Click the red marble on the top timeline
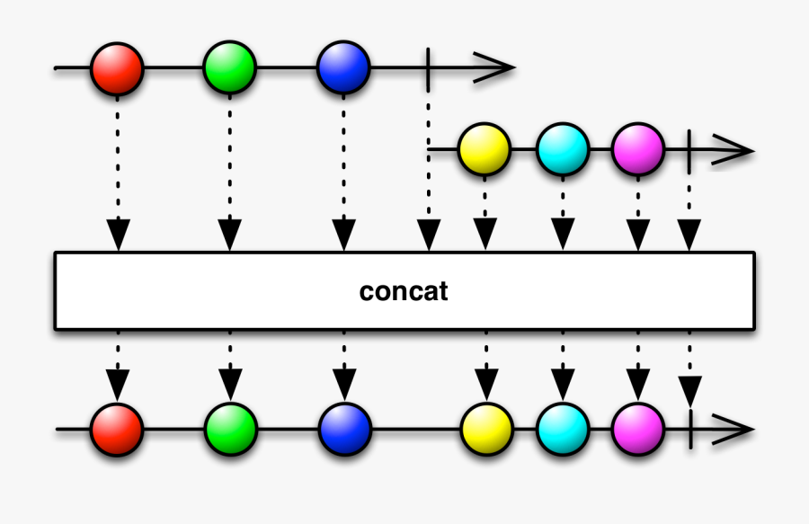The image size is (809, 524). (117, 67)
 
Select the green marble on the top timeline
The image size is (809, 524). (230, 67)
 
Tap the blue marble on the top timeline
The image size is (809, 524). (343, 67)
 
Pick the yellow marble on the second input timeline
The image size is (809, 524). (485, 149)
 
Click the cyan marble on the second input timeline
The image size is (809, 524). (563, 149)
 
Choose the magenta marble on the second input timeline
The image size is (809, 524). (638, 149)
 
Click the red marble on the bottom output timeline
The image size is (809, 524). (117, 430)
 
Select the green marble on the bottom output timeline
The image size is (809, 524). (231, 430)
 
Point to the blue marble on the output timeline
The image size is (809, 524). (344, 430)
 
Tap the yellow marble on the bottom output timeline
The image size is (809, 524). (486, 430)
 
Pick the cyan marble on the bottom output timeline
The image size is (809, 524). (564, 430)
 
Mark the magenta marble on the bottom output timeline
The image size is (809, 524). (638, 430)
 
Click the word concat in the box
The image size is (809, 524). (404, 292)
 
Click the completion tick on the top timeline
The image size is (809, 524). (429, 67)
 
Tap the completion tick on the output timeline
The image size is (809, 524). (689, 430)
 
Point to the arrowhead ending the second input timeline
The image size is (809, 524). (735, 149)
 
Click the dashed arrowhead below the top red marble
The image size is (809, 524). (117, 235)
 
